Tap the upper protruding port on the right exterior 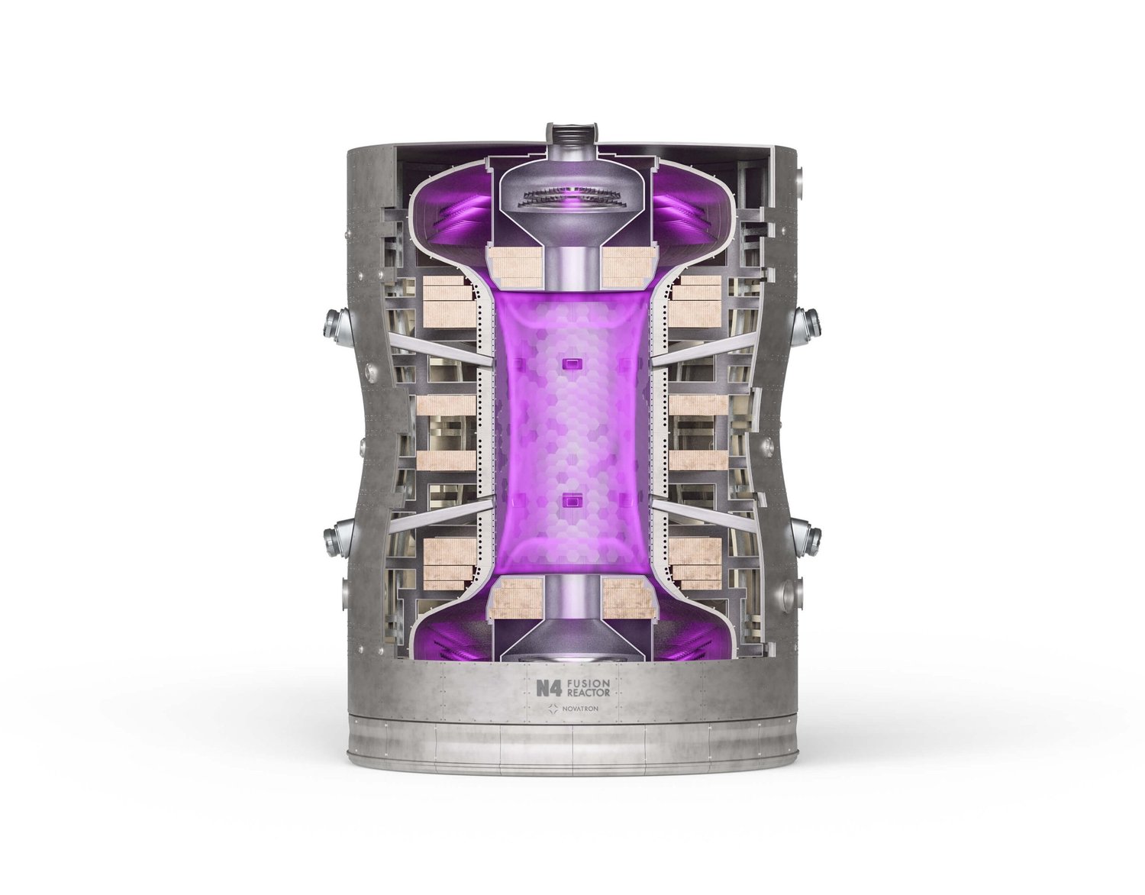(x=806, y=327)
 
